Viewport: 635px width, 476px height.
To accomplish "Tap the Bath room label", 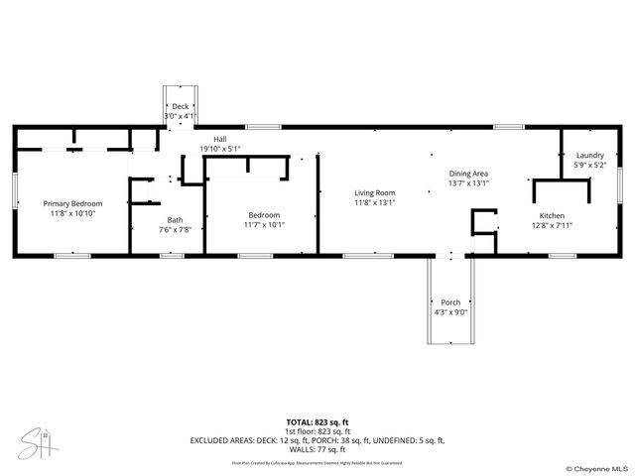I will point(175,220).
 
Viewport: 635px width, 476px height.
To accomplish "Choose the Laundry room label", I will point(589,156).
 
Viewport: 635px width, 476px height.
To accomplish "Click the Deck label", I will point(180,106).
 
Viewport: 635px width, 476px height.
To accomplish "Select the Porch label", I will point(450,302).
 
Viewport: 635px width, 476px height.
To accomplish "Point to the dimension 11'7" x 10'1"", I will point(264,224).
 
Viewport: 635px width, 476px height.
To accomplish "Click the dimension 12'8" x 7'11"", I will point(551,225).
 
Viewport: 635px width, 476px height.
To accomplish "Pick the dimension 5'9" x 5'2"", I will point(589,166).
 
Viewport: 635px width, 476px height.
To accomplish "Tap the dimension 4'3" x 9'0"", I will point(450,312).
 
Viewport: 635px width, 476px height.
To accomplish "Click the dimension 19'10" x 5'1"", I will point(219,149).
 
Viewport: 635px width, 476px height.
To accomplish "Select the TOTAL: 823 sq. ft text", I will point(317,421).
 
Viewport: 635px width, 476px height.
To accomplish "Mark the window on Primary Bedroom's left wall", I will point(14,190).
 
